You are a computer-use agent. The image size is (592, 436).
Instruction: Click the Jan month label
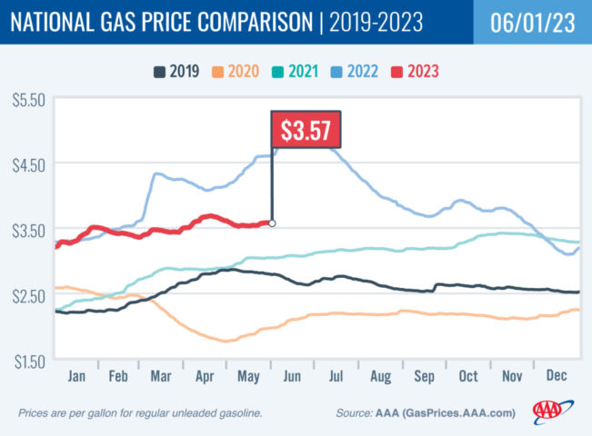pyautogui.click(x=77, y=374)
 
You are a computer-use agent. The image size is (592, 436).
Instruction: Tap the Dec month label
pyautogui.click(x=556, y=374)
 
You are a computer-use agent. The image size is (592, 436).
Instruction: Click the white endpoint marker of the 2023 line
pyautogui.click(x=272, y=223)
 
